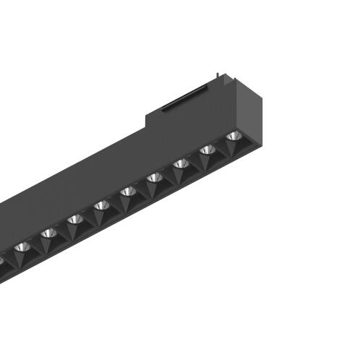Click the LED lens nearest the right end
pos(232,135)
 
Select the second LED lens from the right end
pos(207,150)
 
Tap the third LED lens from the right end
pos(181,163)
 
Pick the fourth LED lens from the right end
pos(154,177)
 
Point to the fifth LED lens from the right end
pos(128,191)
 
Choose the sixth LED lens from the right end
pos(101,205)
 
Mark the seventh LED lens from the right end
pos(74,219)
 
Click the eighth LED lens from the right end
pos(48,233)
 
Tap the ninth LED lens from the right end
pos(21,247)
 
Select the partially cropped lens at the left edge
pos(2,259)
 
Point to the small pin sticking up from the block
pos(218,74)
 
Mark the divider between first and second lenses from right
pos(220,147)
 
